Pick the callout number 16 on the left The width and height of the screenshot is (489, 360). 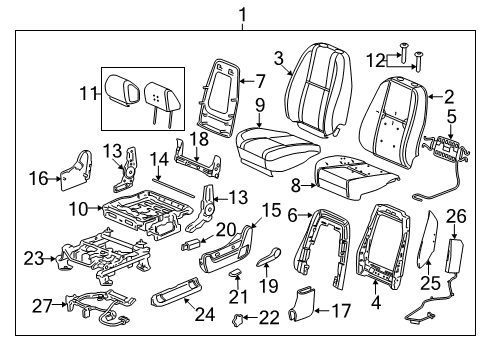point(38,177)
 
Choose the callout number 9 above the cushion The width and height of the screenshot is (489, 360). point(258,103)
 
